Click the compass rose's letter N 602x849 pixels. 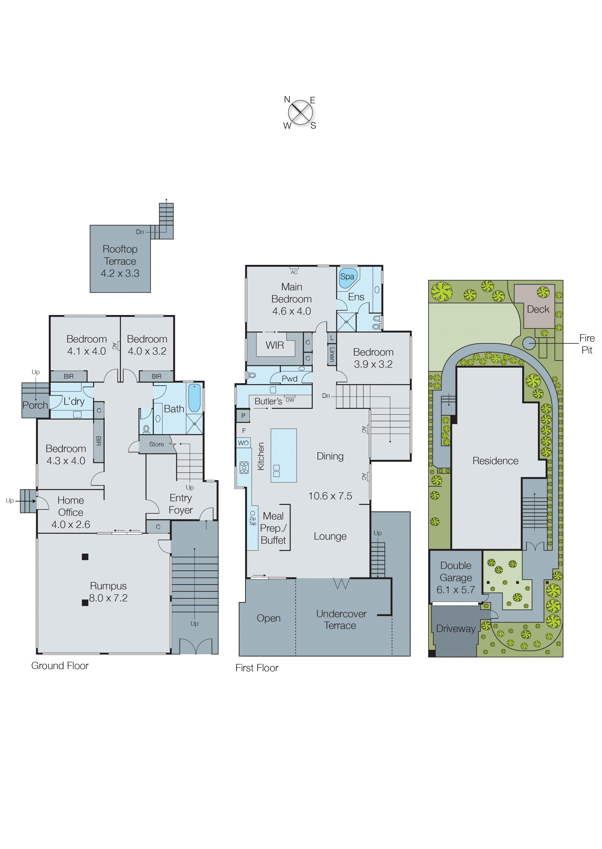tap(287, 99)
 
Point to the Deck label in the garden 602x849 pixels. tap(538, 309)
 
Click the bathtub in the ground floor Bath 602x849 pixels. tap(194, 398)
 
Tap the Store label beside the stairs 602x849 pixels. tap(156, 444)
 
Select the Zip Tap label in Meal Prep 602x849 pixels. tap(252, 521)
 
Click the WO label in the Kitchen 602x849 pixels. tap(243, 443)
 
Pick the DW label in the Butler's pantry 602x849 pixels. tap(290, 400)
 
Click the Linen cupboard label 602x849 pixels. tap(332, 354)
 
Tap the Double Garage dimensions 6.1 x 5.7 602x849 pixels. tap(456, 590)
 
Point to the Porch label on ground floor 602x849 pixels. tap(35, 405)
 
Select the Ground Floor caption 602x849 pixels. tap(60, 666)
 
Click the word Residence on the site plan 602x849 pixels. tap(495, 461)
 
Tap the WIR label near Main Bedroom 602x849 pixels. tap(275, 345)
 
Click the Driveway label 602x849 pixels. tap(456, 628)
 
